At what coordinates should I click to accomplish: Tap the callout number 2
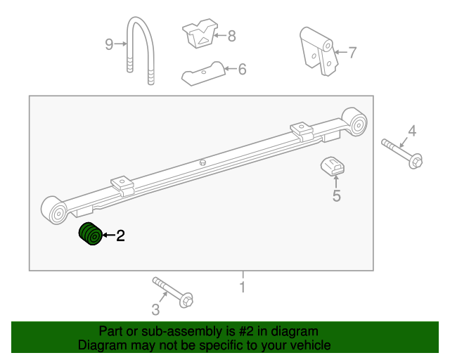click(x=120, y=236)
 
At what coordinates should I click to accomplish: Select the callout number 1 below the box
click(x=242, y=287)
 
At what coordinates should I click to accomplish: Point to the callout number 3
click(x=155, y=309)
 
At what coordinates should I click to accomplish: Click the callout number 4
click(x=412, y=130)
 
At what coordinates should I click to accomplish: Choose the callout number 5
click(x=336, y=196)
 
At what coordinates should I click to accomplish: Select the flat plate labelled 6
click(x=203, y=73)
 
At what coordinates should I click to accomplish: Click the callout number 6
click(x=242, y=69)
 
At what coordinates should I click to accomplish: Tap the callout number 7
click(x=352, y=51)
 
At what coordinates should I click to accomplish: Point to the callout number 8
click(x=231, y=34)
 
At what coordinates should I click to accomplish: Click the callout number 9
click(x=109, y=45)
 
